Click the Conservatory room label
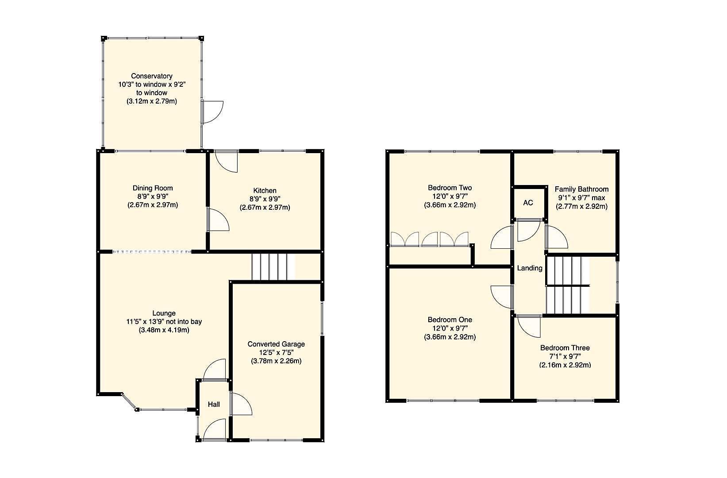click(152, 76)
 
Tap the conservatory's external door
click(212, 112)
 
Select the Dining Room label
click(153, 188)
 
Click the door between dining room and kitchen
click(218, 220)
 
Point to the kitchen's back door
click(227, 161)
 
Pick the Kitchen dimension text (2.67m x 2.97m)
click(265, 208)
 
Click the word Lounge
click(164, 313)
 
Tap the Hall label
click(214, 404)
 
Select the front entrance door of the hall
click(214, 430)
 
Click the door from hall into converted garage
click(241, 404)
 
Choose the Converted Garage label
click(276, 344)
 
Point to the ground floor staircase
click(273, 266)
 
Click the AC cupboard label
click(528, 203)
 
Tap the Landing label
click(530, 268)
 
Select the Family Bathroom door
click(556, 237)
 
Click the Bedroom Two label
click(450, 188)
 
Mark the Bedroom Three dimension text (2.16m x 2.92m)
click(565, 365)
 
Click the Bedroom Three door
click(529, 326)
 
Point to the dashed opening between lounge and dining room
click(152, 252)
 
